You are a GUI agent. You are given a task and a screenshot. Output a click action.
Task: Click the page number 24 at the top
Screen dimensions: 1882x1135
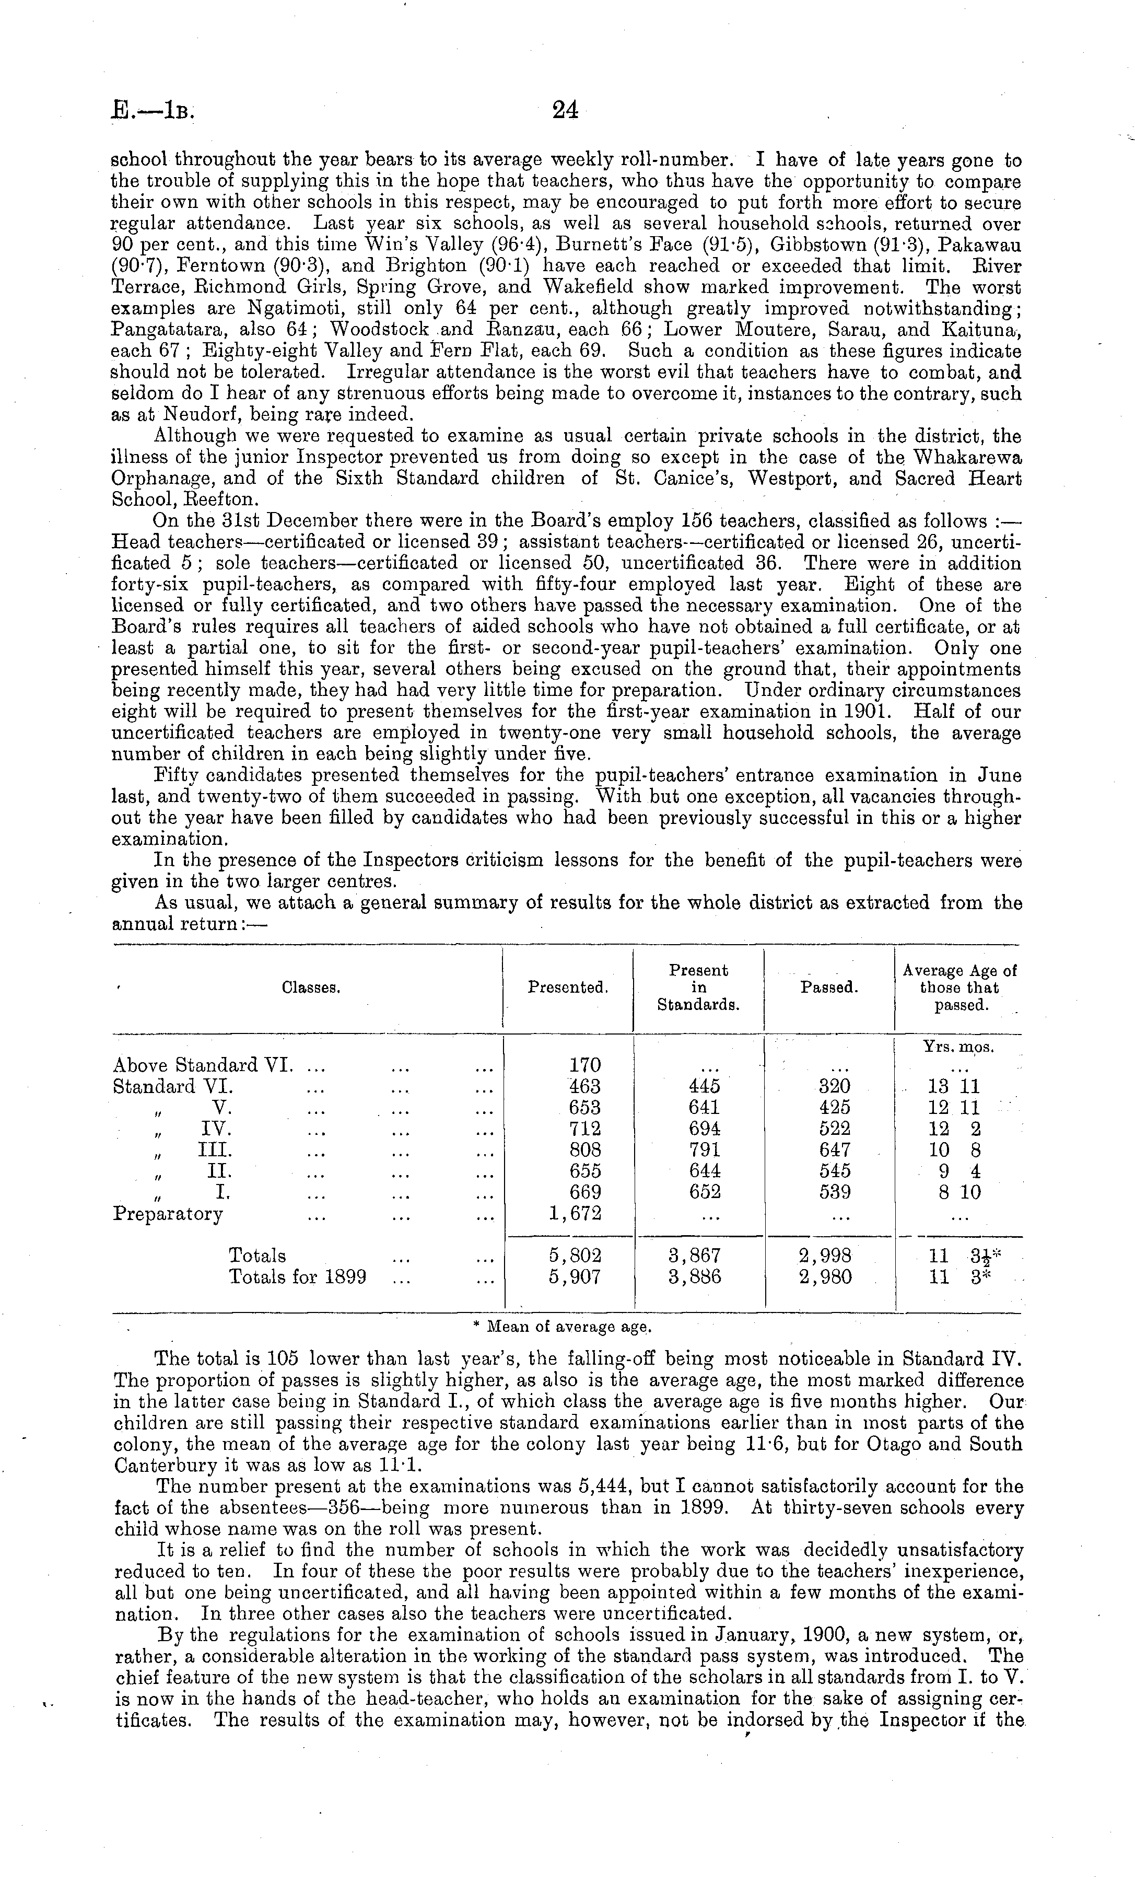pos(565,111)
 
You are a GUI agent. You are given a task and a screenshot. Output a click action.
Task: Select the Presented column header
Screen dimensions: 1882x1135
pos(567,988)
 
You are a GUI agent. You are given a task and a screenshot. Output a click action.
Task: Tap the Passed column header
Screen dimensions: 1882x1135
pos(829,988)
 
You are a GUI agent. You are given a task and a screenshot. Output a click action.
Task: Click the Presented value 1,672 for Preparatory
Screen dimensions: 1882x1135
pos(575,1214)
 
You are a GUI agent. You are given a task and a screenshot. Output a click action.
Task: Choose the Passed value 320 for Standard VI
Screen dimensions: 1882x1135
pos(834,1086)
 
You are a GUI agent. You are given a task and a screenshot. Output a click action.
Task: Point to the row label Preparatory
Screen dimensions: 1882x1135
pos(167,1214)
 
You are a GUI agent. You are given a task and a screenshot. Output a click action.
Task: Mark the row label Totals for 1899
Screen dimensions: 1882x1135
pos(297,1277)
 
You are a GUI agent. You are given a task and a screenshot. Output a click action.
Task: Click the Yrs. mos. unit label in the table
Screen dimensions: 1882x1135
pos(958,1047)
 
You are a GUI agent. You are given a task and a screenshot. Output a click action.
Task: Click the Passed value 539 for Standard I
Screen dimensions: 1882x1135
pos(834,1192)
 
